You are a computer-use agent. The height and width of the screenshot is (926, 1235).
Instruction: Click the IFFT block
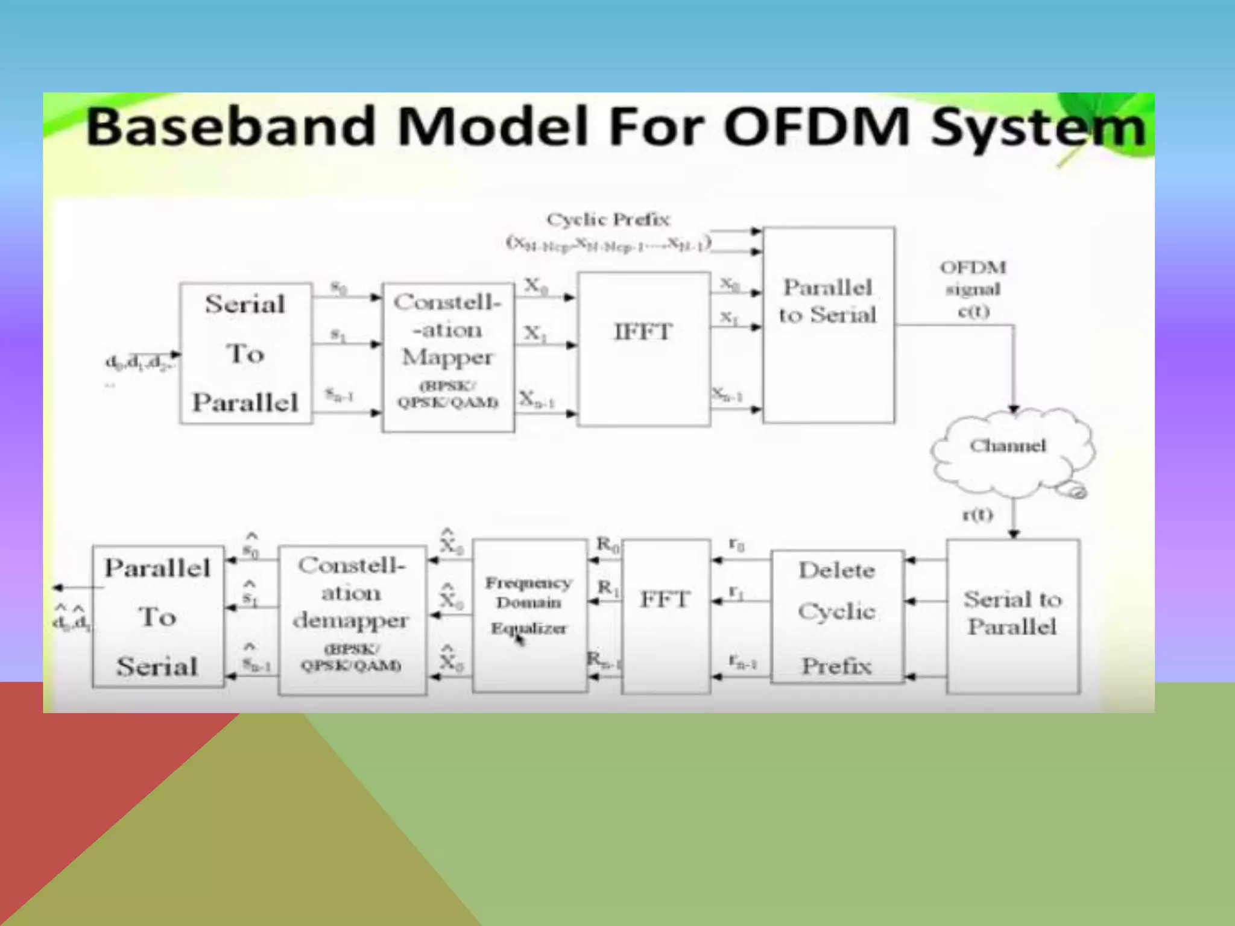643,349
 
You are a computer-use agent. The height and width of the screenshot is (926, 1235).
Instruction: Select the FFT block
665,616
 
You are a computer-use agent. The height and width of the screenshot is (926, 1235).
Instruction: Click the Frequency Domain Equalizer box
529,616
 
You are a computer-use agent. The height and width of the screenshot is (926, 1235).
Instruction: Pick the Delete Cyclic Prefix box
836,617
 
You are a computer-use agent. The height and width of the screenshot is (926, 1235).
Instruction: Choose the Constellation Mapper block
448,357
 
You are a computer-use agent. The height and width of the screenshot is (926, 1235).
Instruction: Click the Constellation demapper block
352,620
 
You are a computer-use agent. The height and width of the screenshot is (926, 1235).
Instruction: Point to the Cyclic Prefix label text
608,219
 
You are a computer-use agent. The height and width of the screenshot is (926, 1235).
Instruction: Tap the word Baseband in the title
232,127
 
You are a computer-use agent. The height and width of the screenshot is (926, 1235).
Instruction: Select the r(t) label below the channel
977,515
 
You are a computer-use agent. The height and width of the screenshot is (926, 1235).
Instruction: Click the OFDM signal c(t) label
973,289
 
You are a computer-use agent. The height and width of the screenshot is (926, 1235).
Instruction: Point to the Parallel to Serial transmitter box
828,325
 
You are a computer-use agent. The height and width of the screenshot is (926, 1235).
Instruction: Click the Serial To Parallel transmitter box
245,353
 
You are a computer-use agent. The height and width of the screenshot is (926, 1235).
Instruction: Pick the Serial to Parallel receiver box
1012,616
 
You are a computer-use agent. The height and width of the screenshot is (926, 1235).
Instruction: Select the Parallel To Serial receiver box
157,616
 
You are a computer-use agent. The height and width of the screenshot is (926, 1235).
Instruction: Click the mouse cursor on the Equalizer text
519,640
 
